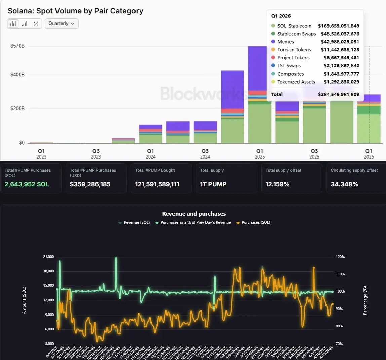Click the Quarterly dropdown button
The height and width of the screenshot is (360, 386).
click(62, 24)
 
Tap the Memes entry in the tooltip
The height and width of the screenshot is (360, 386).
click(285, 42)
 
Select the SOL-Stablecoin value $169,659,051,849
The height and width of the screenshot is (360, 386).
click(338, 26)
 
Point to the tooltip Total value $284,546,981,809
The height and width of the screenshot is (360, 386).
click(338, 94)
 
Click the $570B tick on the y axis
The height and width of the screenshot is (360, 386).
click(17, 46)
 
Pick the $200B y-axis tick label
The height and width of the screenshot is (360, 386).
click(17, 109)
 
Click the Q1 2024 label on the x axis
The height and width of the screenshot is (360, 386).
click(150, 153)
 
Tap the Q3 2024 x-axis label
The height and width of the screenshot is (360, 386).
click(205, 153)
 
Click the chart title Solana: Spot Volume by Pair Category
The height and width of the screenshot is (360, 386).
click(75, 11)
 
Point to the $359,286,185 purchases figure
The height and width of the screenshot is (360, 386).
click(90, 184)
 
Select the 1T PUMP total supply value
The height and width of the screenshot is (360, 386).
click(213, 184)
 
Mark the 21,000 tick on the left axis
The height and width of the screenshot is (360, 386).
click(48, 257)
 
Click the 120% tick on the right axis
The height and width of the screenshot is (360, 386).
click(340, 257)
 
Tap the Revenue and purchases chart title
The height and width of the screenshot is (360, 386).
click(194, 214)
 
